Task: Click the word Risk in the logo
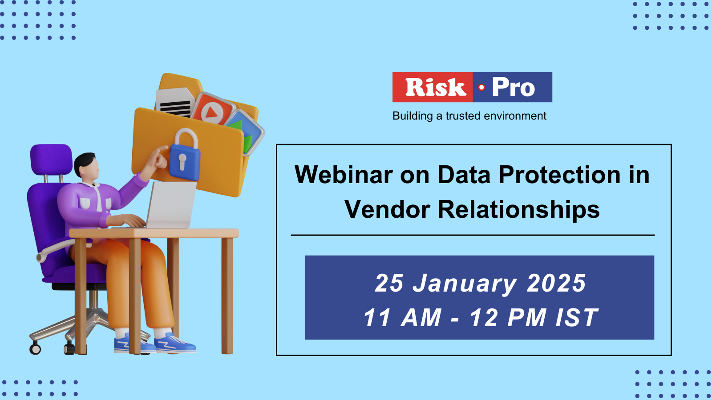[x=436, y=87]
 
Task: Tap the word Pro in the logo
[x=514, y=87]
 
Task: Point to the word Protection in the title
[x=559, y=175]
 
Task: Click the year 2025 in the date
[x=556, y=283]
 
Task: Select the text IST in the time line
[x=577, y=317]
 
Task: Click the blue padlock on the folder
[x=184, y=155]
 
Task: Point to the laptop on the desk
[x=171, y=205]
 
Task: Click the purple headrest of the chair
[x=51, y=160]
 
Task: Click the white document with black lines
[x=175, y=102]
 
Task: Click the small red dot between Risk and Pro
[x=481, y=87]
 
